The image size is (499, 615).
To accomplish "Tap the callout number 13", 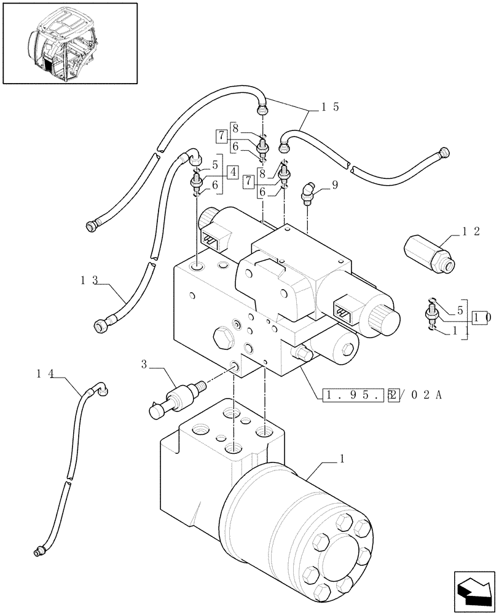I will tap(89, 280).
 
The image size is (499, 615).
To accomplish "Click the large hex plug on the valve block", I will tap(223, 338).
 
